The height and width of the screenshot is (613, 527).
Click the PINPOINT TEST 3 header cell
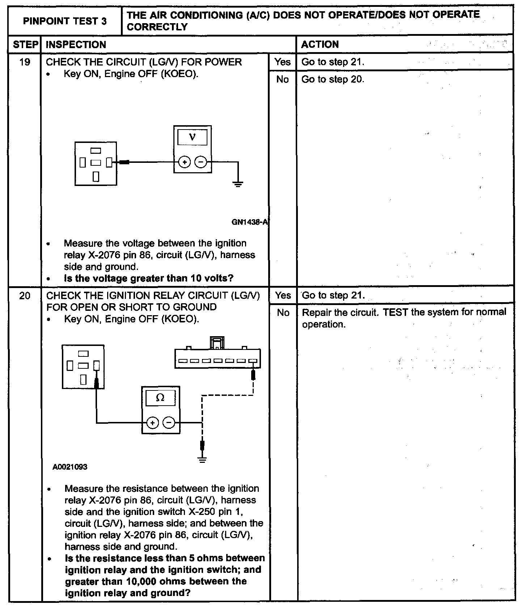pos(65,21)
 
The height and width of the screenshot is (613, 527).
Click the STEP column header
pos(25,45)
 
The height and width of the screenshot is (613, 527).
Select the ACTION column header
pos(320,45)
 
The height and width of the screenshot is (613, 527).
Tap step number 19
pos(25,62)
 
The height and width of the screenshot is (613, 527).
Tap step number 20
pos(25,296)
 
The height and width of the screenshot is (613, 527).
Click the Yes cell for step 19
pos(282,62)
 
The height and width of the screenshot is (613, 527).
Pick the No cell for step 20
pos(283,313)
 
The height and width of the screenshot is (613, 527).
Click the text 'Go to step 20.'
pos(333,79)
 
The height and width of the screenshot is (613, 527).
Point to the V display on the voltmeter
pos(193,138)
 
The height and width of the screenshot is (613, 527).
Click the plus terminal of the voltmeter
pos(185,162)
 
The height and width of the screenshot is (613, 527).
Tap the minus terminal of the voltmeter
pos(201,162)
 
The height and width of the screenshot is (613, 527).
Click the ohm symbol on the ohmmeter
pos(160,398)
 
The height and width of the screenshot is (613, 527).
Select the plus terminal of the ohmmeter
pos(152,422)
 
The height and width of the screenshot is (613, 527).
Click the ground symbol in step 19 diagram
pos(238,184)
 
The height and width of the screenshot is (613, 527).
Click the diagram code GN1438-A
pos(249,222)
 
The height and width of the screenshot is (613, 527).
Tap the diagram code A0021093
pos(70,467)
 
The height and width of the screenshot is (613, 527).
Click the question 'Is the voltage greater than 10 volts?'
pos(148,278)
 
